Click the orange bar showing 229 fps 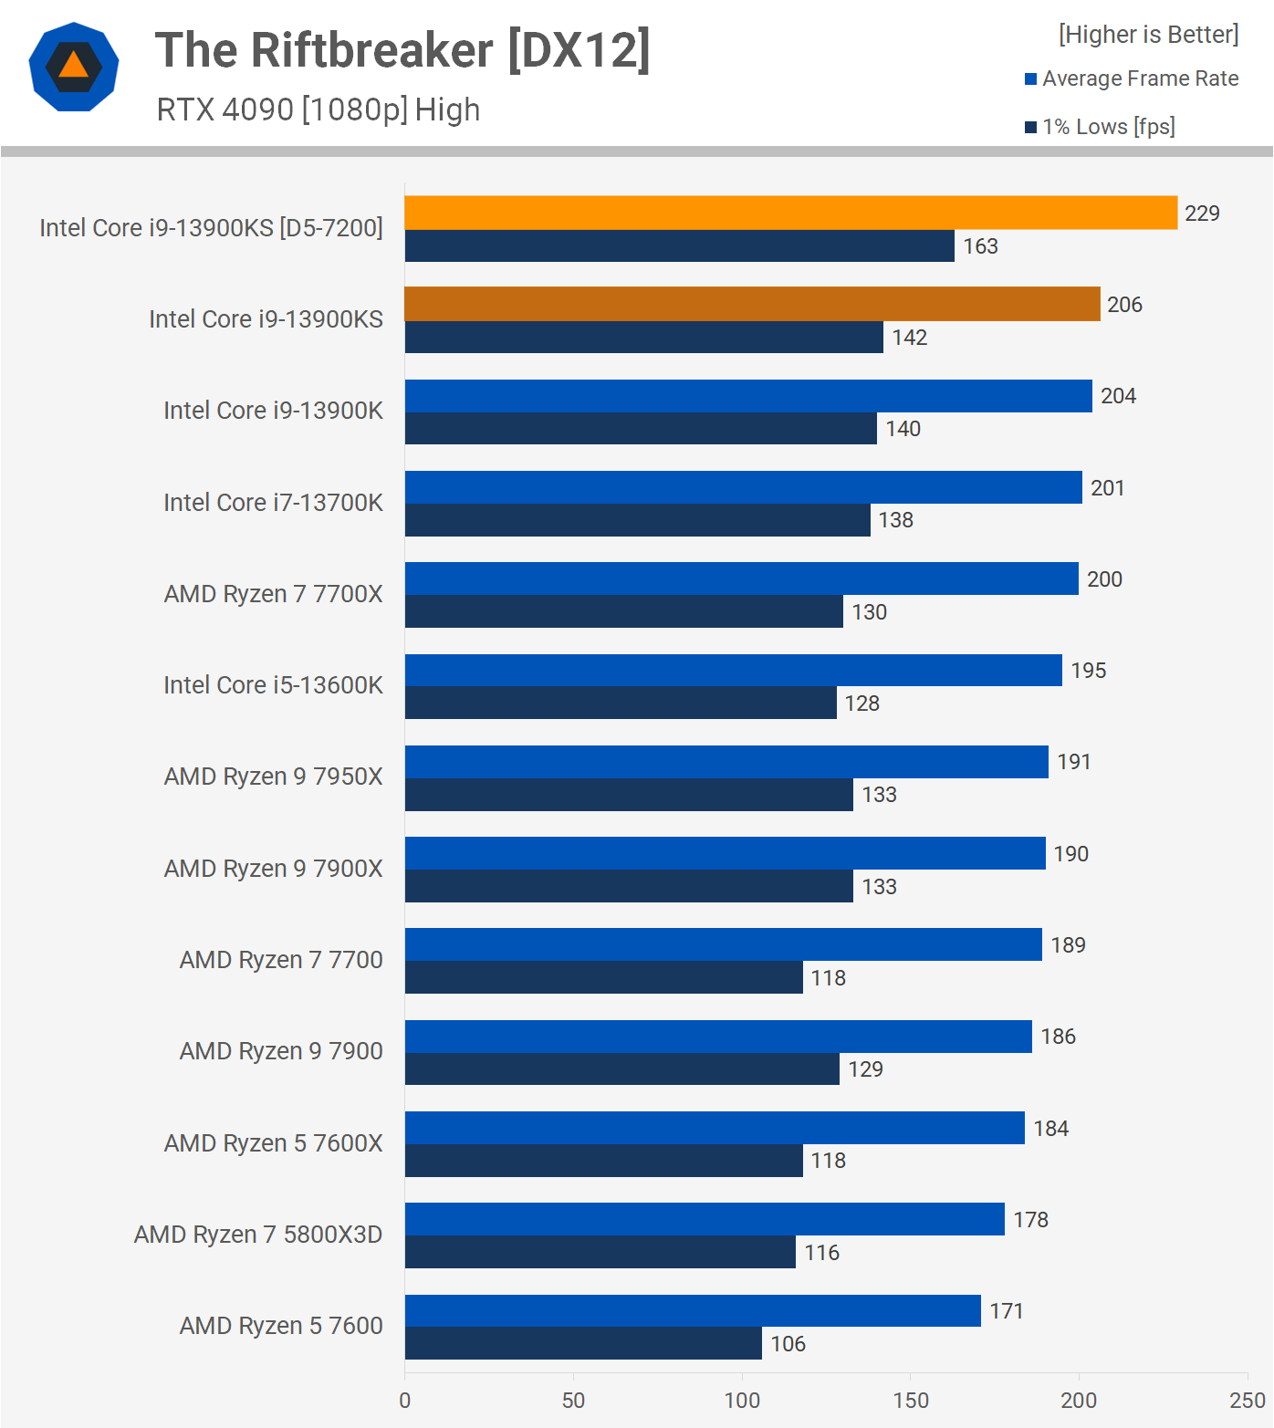click(790, 213)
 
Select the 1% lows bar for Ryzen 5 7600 click(583, 1343)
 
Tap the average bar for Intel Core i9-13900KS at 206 click(752, 304)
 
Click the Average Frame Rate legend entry click(1132, 78)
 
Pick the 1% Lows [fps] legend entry click(1100, 127)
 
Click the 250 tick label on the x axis click(1247, 1400)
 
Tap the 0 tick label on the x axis click(405, 1400)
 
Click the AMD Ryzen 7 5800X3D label click(258, 1235)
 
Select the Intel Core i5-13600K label click(273, 685)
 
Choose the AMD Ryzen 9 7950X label click(273, 777)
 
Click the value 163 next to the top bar click(980, 246)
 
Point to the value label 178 click(1030, 1220)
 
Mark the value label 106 click(788, 1344)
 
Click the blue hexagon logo click(74, 67)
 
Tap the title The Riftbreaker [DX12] click(402, 50)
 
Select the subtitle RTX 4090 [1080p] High click(318, 109)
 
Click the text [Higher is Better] click(1148, 35)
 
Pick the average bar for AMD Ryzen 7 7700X click(741, 578)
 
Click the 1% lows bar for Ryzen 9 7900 click(621, 1068)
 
